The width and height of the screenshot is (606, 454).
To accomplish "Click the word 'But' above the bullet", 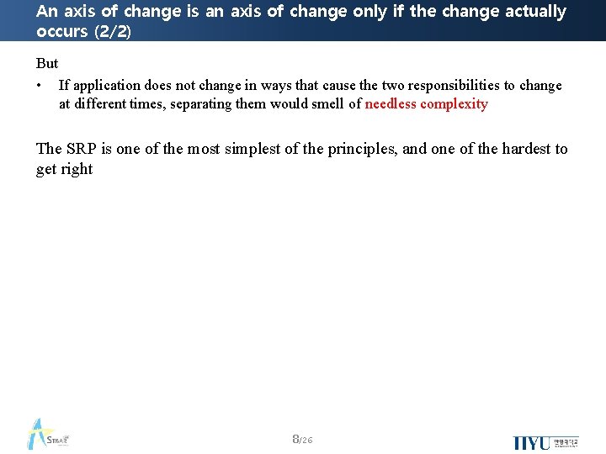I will [x=47, y=64].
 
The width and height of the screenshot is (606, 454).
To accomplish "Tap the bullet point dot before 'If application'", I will [x=40, y=86].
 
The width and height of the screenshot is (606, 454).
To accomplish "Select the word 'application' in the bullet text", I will [x=106, y=86].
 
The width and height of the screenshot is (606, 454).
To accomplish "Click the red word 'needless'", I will [x=391, y=104].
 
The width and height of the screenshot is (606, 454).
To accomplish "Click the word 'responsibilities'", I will [x=453, y=86].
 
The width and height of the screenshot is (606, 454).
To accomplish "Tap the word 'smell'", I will [x=327, y=104].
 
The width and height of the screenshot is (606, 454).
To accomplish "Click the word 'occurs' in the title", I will [x=61, y=31].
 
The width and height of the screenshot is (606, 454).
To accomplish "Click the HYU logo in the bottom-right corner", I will [x=545, y=442].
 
